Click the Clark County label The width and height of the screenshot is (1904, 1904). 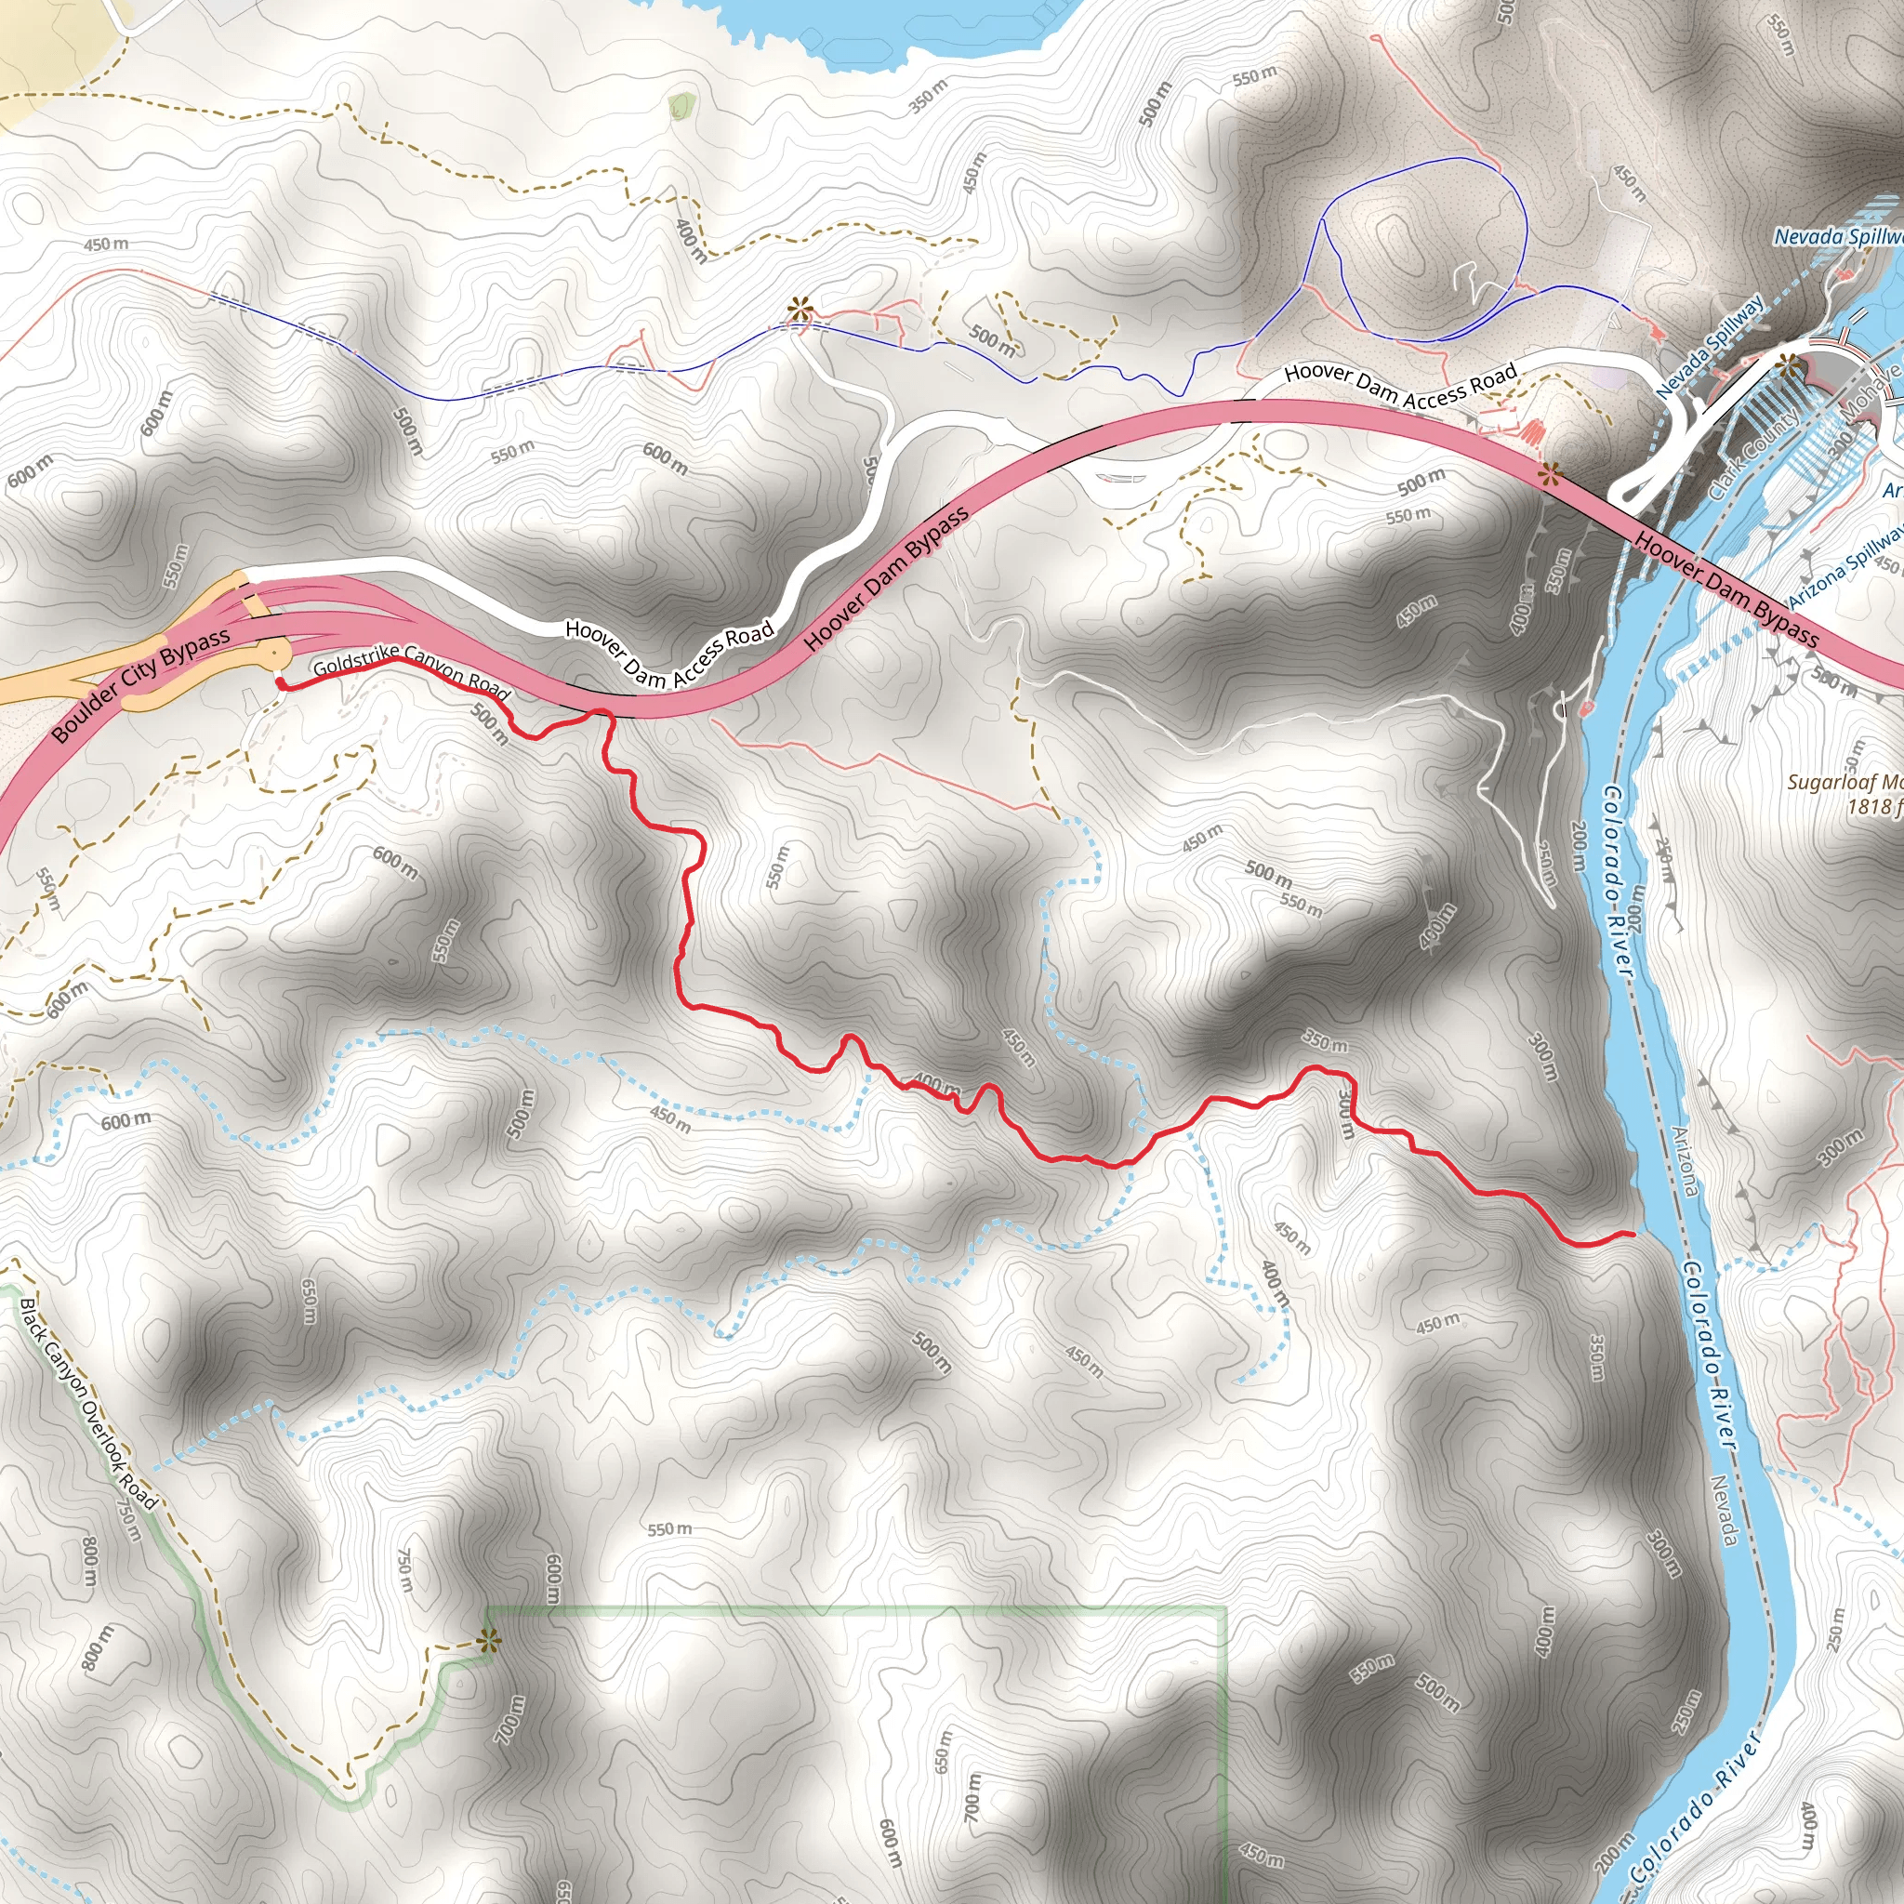pyautogui.click(x=1753, y=453)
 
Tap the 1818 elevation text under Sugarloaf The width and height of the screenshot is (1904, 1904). pyautogui.click(x=1870, y=806)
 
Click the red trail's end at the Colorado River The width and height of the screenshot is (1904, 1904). pyautogui.click(x=1632, y=1233)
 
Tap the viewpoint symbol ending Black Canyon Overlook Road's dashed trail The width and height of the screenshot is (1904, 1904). pyautogui.click(x=487, y=1640)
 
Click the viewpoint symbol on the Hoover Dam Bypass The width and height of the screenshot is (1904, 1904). pyautogui.click(x=1550, y=475)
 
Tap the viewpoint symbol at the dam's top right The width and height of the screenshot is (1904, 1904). pyautogui.click(x=1787, y=365)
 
